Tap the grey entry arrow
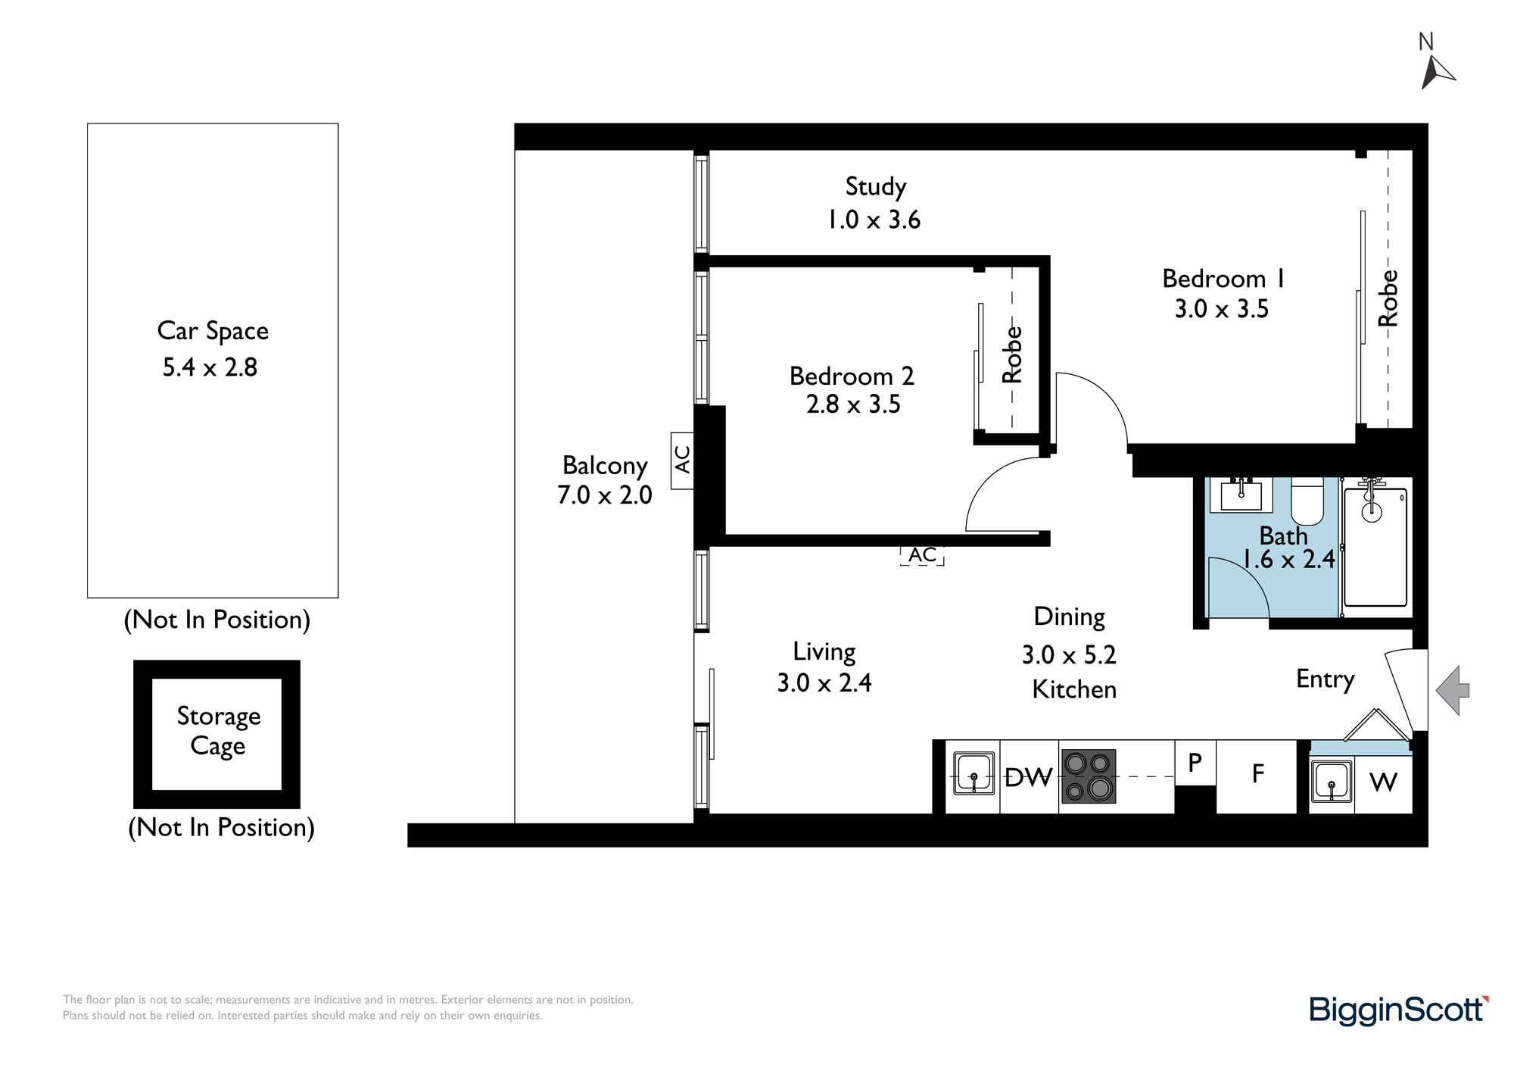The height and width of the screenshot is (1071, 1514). [1452, 690]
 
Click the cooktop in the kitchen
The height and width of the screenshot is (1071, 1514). [1089, 776]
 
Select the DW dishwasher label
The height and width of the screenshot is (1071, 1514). [1028, 777]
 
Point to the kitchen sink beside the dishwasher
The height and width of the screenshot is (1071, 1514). [974, 773]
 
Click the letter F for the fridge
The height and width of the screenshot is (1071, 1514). [1258, 773]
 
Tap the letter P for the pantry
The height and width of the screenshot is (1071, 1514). [1195, 763]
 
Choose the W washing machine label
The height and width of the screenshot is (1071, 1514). [1384, 782]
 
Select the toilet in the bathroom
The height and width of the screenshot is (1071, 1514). [1307, 501]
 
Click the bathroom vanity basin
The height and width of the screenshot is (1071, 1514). [1241, 495]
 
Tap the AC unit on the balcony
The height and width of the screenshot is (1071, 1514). [682, 461]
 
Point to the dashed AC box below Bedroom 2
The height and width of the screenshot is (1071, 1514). [922, 555]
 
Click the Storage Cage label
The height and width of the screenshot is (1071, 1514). [218, 731]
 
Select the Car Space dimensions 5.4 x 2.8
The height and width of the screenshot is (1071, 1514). [210, 367]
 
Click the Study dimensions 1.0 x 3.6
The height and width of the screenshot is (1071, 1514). [874, 220]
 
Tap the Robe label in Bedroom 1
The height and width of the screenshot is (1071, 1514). [1388, 298]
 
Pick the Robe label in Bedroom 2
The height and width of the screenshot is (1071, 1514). [1012, 354]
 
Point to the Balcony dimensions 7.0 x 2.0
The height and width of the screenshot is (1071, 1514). [605, 495]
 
